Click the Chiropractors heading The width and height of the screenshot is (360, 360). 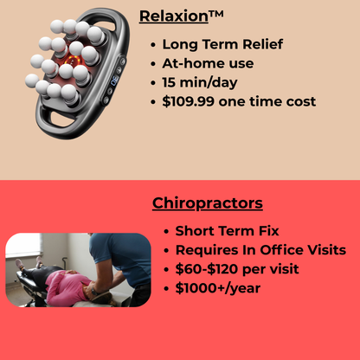click(208, 204)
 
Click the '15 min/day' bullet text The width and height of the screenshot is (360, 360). click(199, 82)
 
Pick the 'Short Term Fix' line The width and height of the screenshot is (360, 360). click(228, 231)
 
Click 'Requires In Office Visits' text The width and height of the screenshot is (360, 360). click(260, 250)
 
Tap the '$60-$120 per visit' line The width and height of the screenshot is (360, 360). click(237, 269)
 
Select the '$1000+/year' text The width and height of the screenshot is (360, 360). click(216, 288)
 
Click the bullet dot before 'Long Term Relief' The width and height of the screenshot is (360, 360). click(153, 45)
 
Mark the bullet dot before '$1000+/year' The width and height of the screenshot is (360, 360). click(165, 289)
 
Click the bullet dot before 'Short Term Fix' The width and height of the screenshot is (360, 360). click(165, 232)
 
